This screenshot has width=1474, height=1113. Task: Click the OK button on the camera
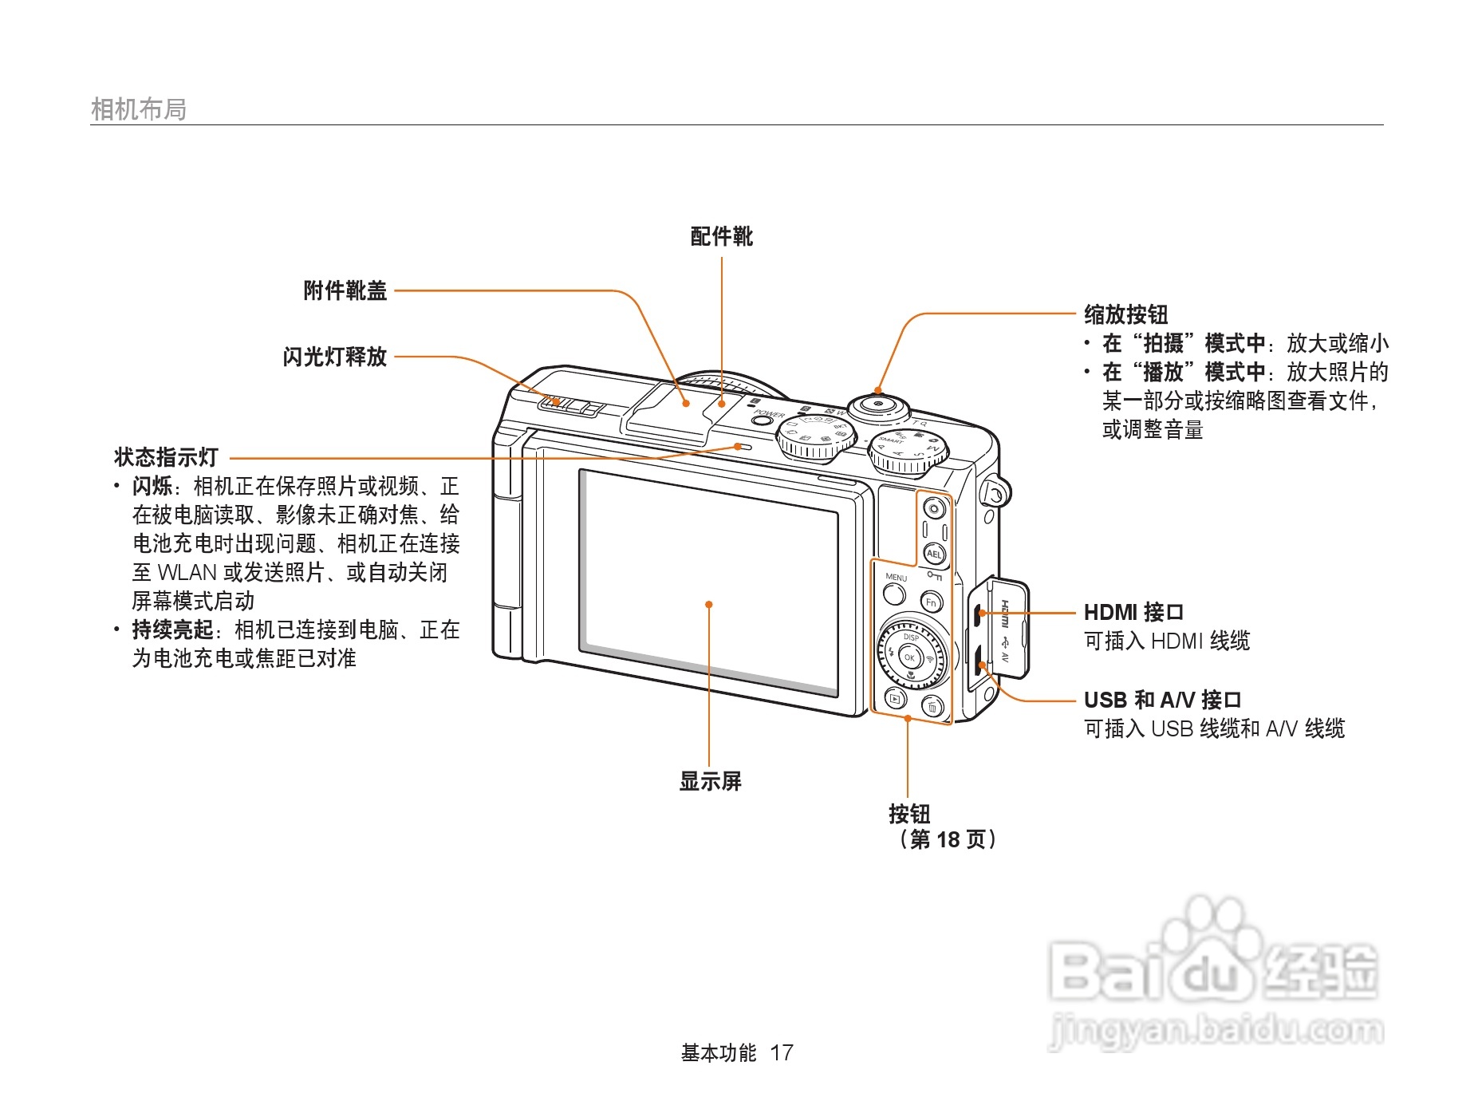tap(909, 657)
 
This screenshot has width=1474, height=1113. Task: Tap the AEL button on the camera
tap(934, 554)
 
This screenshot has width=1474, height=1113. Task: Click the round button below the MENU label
tap(894, 594)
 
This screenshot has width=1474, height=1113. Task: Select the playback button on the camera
tap(896, 699)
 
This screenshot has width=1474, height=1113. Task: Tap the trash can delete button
tap(932, 707)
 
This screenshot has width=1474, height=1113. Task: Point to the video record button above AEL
tap(934, 508)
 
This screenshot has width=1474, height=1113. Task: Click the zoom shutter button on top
tap(878, 405)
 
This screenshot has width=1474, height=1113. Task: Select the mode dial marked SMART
tap(908, 452)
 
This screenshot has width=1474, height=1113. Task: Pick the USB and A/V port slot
tap(978, 656)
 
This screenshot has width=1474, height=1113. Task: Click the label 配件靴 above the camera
tap(721, 236)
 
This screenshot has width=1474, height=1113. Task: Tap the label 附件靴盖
tap(345, 290)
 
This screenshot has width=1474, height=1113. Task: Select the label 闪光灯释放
tap(334, 357)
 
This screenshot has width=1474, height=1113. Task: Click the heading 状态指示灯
tap(166, 457)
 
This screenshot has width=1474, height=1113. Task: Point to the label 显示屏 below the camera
tap(710, 781)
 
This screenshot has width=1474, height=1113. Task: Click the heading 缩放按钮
tap(1125, 314)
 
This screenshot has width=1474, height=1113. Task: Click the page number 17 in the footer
tap(781, 1053)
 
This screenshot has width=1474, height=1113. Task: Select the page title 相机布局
tap(139, 109)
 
